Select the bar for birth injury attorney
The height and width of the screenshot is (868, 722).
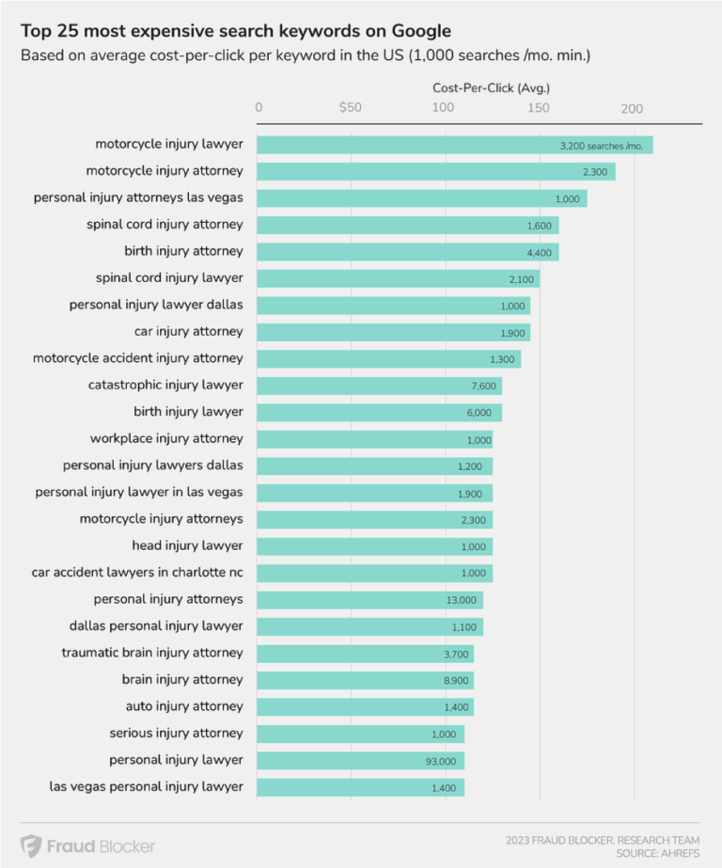coord(408,251)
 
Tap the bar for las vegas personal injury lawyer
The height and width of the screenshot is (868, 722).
coord(360,786)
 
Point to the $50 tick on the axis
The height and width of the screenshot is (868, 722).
coord(351,107)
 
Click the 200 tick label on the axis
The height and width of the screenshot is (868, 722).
coord(632,107)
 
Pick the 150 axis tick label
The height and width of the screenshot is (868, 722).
coord(538,107)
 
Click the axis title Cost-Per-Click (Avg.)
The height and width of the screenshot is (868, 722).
coord(491,87)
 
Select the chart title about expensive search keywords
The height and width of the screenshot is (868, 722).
coord(235,30)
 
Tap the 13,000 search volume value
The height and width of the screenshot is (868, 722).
coord(462,599)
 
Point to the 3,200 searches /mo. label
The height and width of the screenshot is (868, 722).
coord(600,146)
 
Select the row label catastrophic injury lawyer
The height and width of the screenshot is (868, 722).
coord(165,385)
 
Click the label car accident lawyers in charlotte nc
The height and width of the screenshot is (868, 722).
coord(137,572)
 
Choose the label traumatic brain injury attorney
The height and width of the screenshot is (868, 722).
coord(152,653)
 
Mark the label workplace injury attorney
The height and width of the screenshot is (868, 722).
coord(166,438)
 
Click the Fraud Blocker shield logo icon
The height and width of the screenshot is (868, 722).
coord(31,845)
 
